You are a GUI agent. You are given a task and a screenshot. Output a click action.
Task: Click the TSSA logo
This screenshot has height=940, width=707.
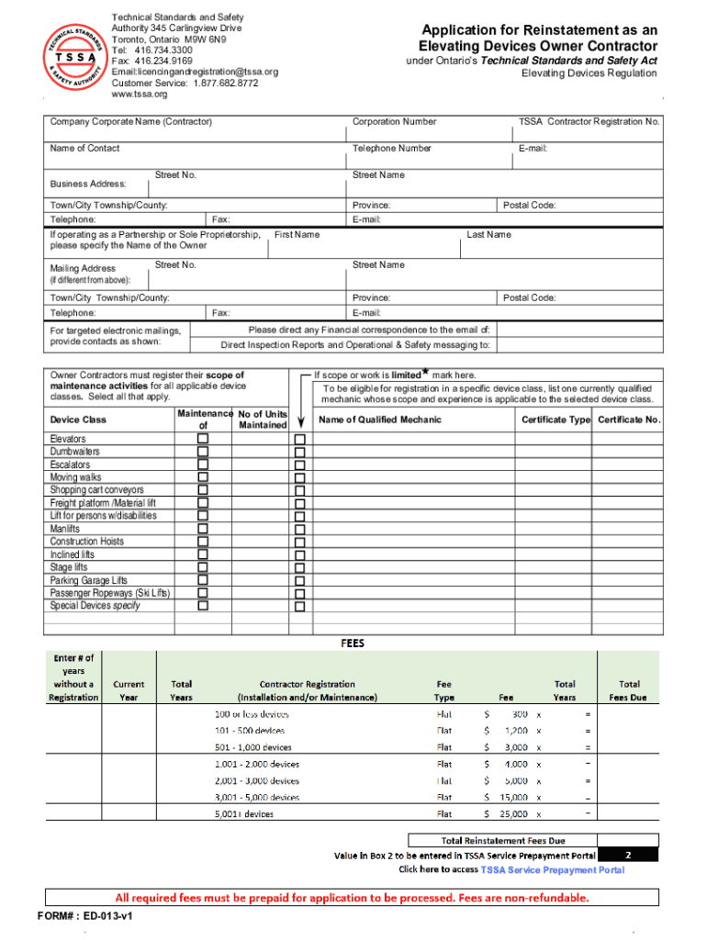(x=72, y=56)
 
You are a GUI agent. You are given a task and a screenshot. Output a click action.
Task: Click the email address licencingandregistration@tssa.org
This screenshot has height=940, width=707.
(x=194, y=72)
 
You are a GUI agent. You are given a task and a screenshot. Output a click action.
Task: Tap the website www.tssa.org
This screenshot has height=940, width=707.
(x=140, y=94)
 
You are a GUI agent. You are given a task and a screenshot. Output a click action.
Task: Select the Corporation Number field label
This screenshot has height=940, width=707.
(x=394, y=121)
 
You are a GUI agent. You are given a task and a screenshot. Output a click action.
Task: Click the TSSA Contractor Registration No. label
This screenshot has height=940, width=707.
(x=589, y=121)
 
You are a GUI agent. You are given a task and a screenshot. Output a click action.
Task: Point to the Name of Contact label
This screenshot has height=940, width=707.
(x=84, y=148)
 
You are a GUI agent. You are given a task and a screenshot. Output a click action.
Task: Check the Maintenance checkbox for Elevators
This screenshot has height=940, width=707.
(x=203, y=439)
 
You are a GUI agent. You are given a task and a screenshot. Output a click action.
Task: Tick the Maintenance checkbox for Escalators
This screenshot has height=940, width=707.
(x=203, y=464)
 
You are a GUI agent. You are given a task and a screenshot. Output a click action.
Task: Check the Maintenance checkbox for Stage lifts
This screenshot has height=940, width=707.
(x=203, y=567)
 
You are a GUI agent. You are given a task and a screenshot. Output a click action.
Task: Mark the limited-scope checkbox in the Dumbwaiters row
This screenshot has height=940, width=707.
(x=299, y=452)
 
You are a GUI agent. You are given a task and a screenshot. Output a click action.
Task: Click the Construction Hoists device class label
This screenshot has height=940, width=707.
(x=86, y=542)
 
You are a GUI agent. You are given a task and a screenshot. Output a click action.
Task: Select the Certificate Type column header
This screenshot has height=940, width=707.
(x=555, y=420)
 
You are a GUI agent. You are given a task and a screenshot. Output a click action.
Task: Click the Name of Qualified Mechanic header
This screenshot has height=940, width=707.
(x=379, y=420)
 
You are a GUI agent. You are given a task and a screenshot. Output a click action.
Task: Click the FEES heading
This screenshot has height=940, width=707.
(x=353, y=643)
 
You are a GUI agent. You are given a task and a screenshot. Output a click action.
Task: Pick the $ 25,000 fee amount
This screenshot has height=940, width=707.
(x=507, y=814)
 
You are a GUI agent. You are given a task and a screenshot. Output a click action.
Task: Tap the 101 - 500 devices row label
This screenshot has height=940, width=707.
(x=249, y=731)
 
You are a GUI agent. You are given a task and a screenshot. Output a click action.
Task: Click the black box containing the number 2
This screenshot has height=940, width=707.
(x=628, y=854)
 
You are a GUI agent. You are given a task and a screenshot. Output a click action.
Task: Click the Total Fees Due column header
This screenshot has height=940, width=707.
(x=629, y=690)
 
